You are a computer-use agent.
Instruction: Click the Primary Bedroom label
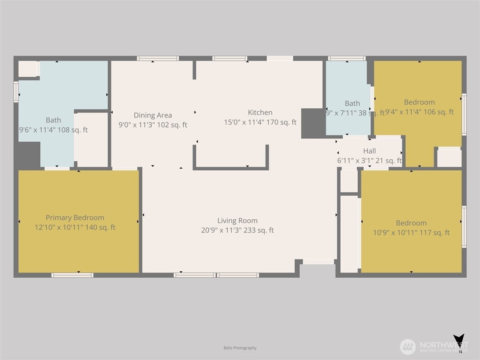coord(75,218)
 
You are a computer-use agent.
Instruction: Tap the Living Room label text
coord(237,220)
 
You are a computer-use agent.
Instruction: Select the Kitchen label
coord(260,112)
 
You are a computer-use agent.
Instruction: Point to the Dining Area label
coord(153,115)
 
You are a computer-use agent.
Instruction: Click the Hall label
coord(369,151)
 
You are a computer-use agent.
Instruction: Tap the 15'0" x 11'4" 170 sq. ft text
coord(260,122)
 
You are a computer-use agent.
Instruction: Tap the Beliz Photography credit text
coord(240,348)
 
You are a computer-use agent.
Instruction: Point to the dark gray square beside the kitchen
coord(313,123)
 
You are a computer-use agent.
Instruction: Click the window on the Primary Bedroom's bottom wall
coord(72,275)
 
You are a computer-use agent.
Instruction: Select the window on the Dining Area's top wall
coord(158,58)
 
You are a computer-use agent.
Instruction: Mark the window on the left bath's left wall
coord(16,92)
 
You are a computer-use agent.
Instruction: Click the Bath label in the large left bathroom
coord(53,120)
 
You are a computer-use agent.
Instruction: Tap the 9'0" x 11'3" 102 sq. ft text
coord(153,125)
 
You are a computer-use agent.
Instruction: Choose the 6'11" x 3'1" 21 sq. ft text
coord(369,161)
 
